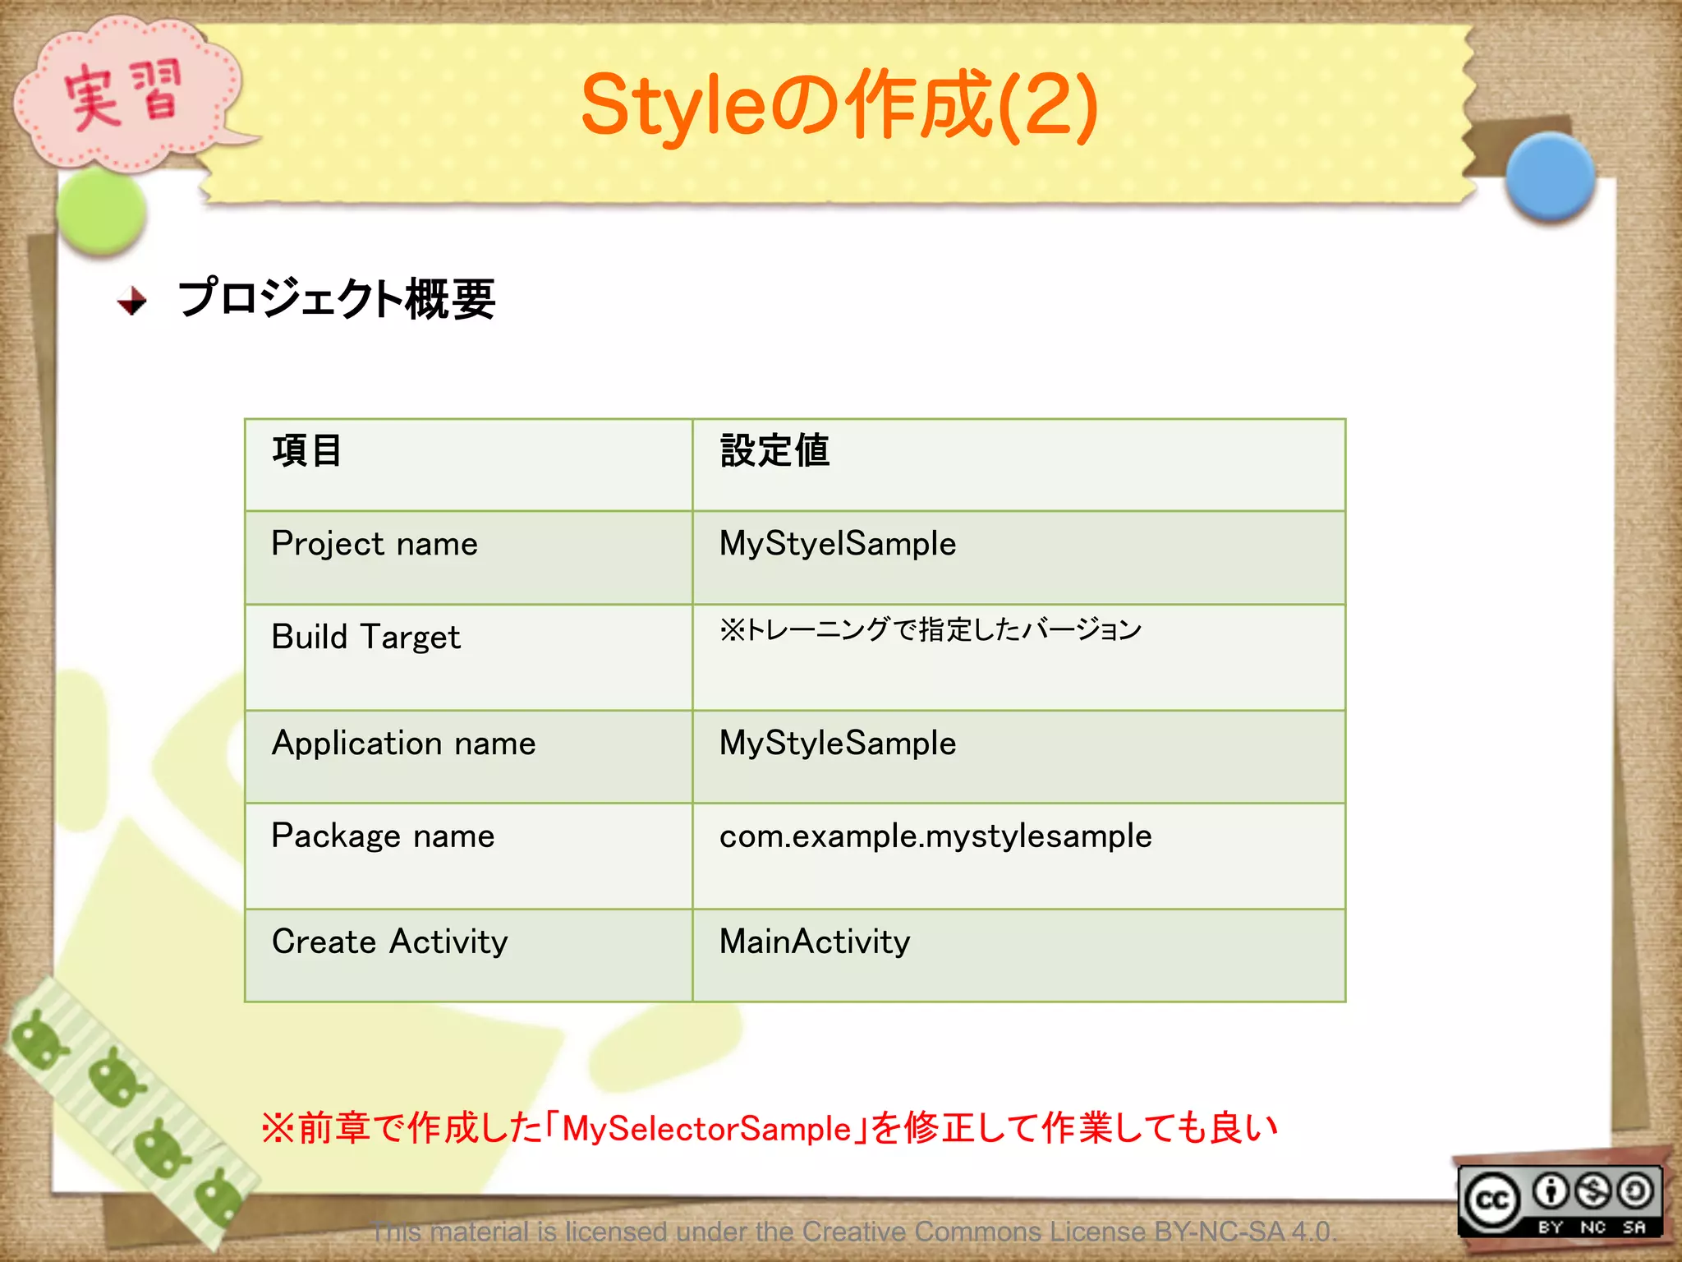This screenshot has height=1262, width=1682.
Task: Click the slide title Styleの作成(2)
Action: tap(839, 105)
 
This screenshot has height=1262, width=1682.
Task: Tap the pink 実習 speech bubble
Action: tap(123, 94)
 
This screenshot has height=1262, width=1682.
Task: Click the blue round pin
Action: tap(1549, 177)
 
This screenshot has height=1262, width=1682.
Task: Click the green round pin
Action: tap(102, 210)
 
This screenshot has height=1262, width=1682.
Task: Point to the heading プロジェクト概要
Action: tap(337, 298)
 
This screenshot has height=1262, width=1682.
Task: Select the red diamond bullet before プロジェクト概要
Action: tap(131, 301)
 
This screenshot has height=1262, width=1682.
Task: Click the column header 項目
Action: tap(306, 451)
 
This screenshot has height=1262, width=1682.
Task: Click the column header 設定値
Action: tap(774, 451)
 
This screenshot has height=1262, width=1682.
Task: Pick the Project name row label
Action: tap(375, 544)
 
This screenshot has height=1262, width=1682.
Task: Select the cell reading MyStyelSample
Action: tap(838, 544)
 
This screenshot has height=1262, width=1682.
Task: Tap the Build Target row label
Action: tap(365, 638)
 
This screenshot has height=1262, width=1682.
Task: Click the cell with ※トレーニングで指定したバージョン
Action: tap(931, 630)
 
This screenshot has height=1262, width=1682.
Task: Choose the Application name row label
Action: tap(403, 744)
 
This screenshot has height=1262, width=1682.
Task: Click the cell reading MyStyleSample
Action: tap(838, 744)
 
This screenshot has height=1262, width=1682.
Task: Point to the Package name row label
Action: tap(383, 836)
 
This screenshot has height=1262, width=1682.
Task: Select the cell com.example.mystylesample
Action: tap(935, 836)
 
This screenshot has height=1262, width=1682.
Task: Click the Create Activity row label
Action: tap(389, 942)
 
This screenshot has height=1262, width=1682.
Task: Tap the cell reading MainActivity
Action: tap(815, 942)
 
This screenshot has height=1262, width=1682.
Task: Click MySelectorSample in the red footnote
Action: tap(706, 1128)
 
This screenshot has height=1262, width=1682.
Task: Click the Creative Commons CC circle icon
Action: tap(1491, 1200)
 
